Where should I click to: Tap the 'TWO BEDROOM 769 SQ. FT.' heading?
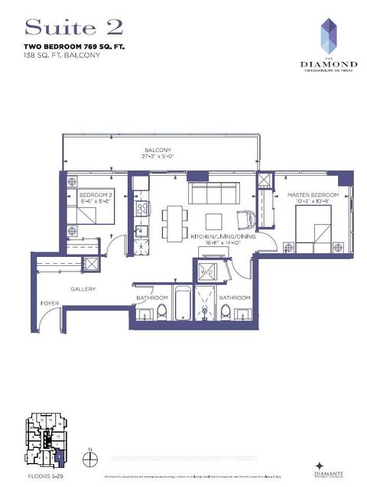[x=74, y=47]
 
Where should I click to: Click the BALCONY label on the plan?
[x=159, y=151]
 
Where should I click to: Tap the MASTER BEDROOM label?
[x=313, y=196]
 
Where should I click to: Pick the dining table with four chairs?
[x=173, y=220]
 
